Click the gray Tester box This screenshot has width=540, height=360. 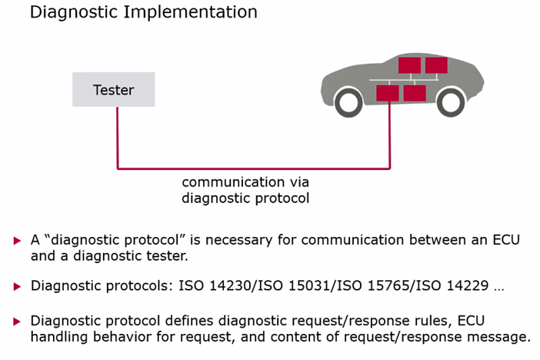click(x=113, y=90)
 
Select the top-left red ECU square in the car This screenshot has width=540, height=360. click(x=409, y=65)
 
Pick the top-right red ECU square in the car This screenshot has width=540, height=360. click(x=436, y=65)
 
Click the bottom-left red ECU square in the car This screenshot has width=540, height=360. click(x=388, y=93)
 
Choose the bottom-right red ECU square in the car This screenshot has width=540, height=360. click(x=415, y=93)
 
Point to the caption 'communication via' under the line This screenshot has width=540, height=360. click(x=232, y=182)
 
